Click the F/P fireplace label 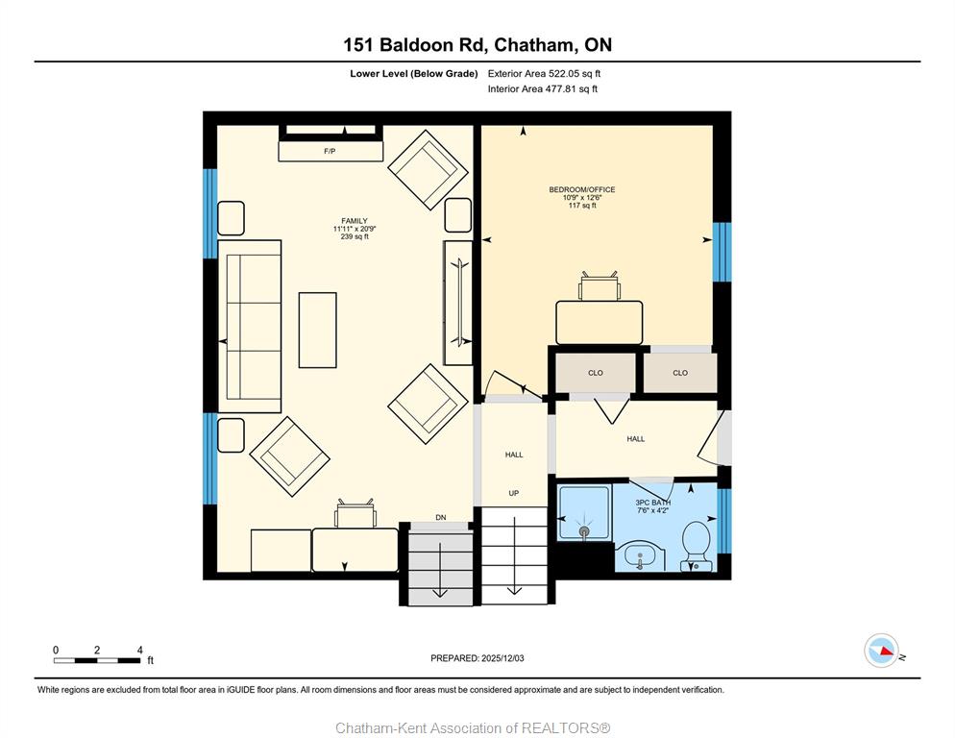(x=330, y=151)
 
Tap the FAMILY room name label (x=355, y=221)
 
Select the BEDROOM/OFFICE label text (x=582, y=189)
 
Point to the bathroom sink (x=640, y=557)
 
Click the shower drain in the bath (x=585, y=530)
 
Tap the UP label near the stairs (x=513, y=493)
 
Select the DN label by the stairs (x=441, y=517)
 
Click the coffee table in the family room (x=317, y=330)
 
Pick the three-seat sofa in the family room (x=250, y=326)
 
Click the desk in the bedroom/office (x=600, y=322)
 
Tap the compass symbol (x=881, y=651)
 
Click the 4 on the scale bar (x=140, y=650)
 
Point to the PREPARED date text (x=477, y=658)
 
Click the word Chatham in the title (x=533, y=44)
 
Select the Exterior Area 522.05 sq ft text (x=544, y=74)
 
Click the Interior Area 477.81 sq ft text (x=543, y=89)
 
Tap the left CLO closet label (x=596, y=373)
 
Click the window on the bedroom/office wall (x=722, y=253)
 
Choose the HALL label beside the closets (x=636, y=439)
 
